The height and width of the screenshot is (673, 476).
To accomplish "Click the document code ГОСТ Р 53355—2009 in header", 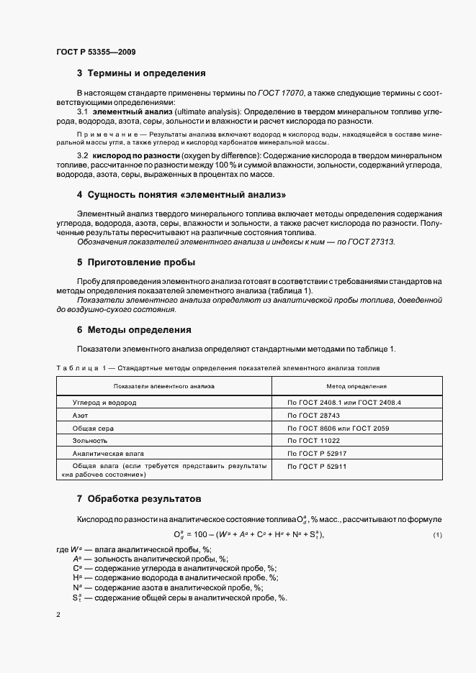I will click(95, 52).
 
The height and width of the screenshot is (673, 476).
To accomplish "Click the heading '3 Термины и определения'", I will click(141, 73).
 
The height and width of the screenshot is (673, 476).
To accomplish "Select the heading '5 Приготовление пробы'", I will click(136, 262).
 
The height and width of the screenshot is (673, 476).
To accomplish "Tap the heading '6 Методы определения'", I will click(134, 330).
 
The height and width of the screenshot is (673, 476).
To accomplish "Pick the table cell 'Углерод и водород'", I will click(104, 403).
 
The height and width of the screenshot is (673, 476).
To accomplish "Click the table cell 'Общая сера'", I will click(91, 428).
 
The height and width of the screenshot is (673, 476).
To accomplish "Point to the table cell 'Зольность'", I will click(90, 440).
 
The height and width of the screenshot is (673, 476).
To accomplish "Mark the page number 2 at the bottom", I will click(58, 615).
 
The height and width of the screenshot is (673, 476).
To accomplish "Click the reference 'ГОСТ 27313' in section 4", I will click(371, 242).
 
